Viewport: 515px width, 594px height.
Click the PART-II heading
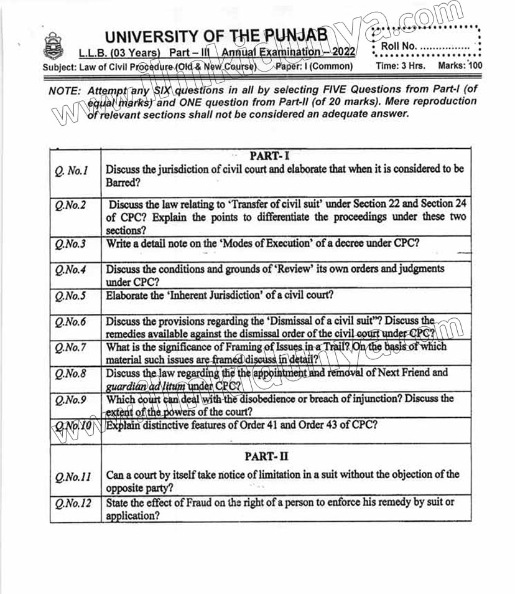pyautogui.click(x=266, y=456)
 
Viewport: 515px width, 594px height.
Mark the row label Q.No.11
pyautogui.click(x=72, y=477)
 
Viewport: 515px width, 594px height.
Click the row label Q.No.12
pyautogui.click(x=72, y=503)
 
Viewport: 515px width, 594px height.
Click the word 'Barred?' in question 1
pyautogui.click(x=123, y=183)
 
